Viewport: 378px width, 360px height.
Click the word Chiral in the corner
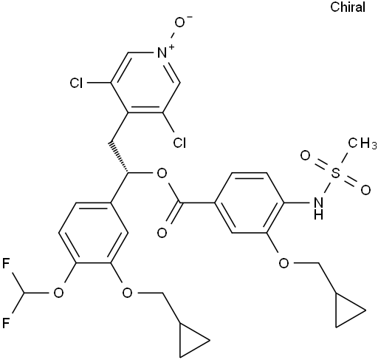[x=348, y=7]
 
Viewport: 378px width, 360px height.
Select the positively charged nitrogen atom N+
[x=165, y=52]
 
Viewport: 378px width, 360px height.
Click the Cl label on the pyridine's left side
[x=76, y=83]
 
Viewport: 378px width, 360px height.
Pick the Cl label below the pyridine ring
[x=179, y=143]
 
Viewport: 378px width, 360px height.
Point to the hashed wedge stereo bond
[x=118, y=157]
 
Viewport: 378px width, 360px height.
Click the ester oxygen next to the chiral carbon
[x=162, y=174]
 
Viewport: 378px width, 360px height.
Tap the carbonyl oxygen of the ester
[x=162, y=233]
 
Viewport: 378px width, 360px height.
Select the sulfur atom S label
[x=335, y=173]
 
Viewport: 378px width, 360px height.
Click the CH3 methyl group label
[x=362, y=143]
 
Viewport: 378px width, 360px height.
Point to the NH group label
[x=318, y=209]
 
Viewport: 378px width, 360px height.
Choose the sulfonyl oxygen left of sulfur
[x=305, y=156]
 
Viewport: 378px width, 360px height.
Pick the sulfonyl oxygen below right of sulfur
[x=365, y=191]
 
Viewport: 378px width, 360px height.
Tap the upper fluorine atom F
[x=6, y=263]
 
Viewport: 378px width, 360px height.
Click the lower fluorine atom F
[x=6, y=323]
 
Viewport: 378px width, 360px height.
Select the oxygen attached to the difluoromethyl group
[x=58, y=293]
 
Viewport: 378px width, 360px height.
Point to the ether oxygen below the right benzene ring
[x=283, y=263]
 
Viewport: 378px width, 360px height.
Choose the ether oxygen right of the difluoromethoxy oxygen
[x=128, y=293]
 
